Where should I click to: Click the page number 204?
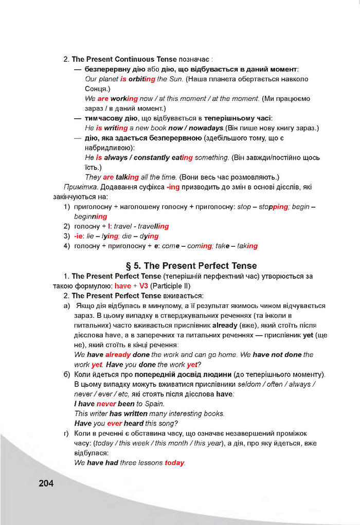(x=45, y=483)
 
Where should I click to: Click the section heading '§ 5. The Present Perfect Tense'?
(x=191, y=266)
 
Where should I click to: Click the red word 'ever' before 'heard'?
(x=114, y=423)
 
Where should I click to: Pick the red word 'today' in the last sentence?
(x=174, y=463)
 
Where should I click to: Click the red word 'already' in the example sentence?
(x=118, y=355)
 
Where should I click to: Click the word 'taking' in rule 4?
(x=244, y=246)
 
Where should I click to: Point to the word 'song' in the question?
(x=167, y=423)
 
